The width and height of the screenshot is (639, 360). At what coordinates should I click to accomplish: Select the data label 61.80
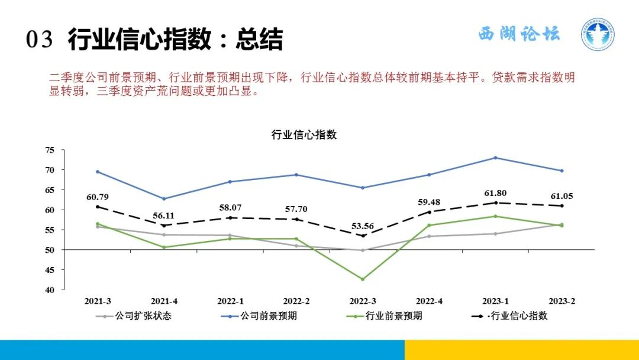coord(495,193)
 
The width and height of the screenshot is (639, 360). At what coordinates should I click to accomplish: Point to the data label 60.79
coord(98,197)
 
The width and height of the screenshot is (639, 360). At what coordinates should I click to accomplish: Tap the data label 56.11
coord(163,216)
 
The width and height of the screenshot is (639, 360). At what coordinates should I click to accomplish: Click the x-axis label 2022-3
coord(362,301)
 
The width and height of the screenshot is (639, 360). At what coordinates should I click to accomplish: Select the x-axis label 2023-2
coord(561,301)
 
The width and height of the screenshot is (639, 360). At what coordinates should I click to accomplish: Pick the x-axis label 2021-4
coord(163,301)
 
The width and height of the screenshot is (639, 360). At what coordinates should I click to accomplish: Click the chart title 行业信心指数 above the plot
coord(304,135)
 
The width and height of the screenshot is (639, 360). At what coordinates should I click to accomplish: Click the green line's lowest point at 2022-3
coord(362,279)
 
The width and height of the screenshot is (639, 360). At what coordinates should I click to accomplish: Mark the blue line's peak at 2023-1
coord(495,157)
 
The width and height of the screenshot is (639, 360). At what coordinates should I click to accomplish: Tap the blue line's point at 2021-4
coord(163,199)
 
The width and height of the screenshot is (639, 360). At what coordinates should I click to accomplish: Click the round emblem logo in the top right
coord(597,34)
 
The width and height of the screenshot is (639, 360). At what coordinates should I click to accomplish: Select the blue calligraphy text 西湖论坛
coord(519,34)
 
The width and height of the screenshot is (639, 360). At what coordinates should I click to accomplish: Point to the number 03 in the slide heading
coord(40,40)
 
